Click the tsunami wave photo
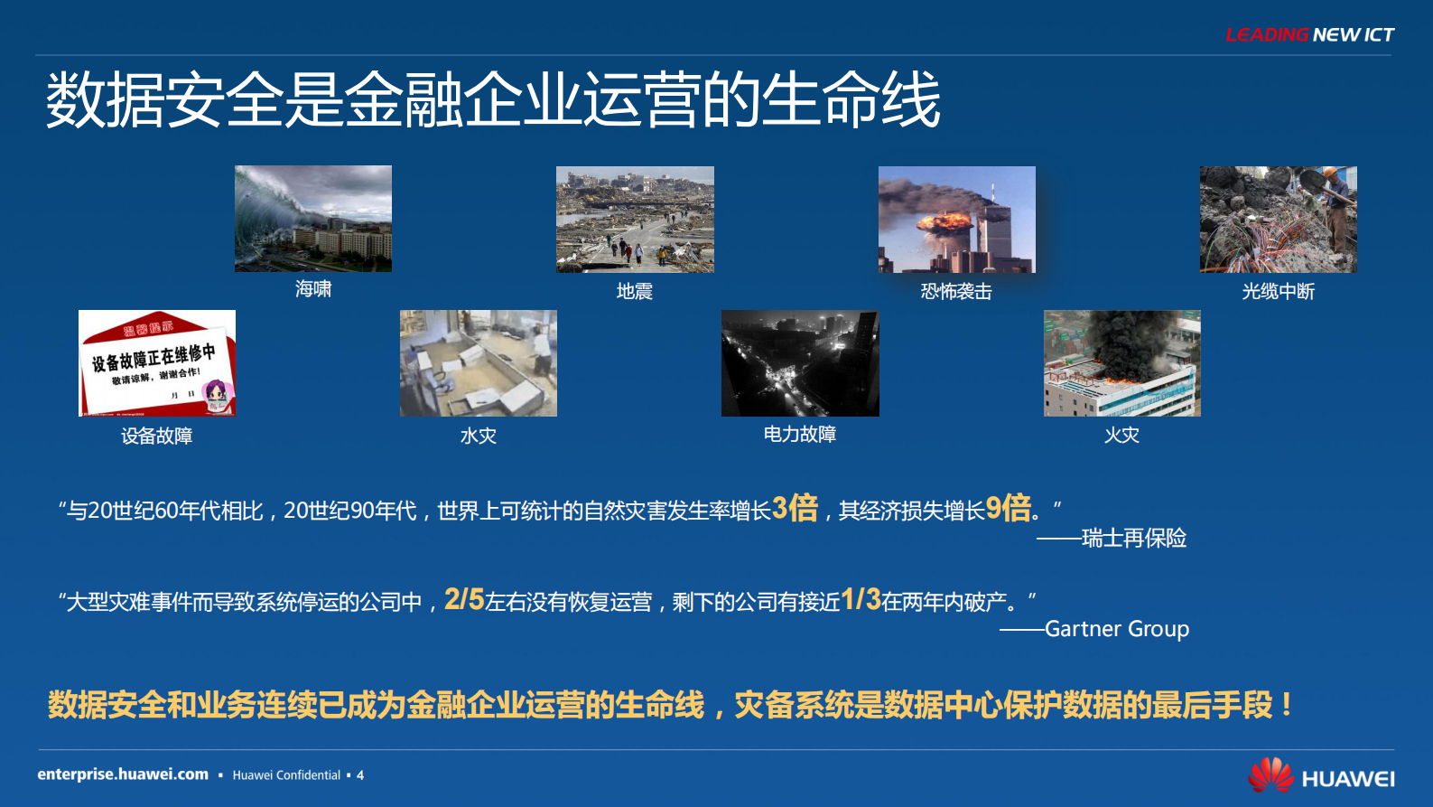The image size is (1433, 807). tap(312, 219)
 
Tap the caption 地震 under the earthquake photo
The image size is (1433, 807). tap(634, 292)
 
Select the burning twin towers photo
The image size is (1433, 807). tap(956, 220)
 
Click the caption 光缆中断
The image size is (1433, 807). tap(1278, 292)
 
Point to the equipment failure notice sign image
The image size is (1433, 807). tap(157, 363)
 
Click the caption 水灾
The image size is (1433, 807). tap(478, 436)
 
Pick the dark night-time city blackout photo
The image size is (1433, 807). tap(799, 363)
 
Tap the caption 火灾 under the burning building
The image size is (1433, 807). tap(1121, 436)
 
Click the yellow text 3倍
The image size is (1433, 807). tap(795, 508)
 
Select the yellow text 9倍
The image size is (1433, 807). tap(1008, 508)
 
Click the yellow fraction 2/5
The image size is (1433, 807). tap(464, 599)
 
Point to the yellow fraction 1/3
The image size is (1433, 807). tap(860, 599)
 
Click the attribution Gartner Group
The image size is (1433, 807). tap(1116, 629)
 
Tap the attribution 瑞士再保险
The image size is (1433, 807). tap(1133, 539)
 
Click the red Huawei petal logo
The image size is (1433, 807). tap(1270, 775)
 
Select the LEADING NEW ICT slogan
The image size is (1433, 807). tap(1308, 35)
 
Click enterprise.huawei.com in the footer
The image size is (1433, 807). tap(123, 774)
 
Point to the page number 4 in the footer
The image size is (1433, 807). tap(360, 775)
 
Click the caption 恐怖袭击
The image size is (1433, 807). tap(956, 292)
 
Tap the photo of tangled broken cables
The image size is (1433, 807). tap(1278, 220)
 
